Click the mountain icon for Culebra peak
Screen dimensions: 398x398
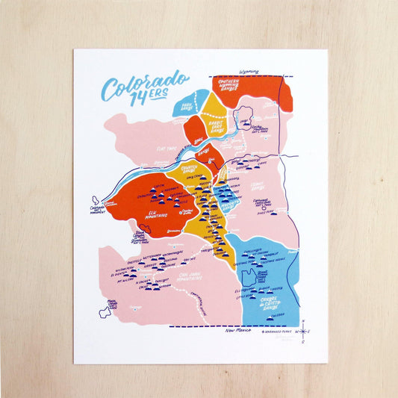(x=270, y=314)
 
